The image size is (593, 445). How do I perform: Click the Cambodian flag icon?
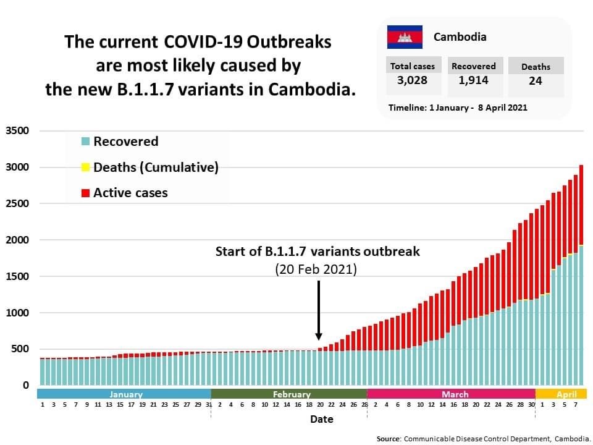click(x=405, y=37)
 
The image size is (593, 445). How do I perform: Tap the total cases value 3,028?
click(x=412, y=80)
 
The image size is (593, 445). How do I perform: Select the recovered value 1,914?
click(x=473, y=80)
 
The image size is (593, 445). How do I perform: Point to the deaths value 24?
click(x=536, y=81)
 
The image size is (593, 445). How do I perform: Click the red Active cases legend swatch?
click(x=86, y=193)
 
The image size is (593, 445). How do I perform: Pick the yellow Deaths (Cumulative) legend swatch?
click(x=86, y=167)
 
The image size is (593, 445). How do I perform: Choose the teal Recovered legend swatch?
click(x=86, y=142)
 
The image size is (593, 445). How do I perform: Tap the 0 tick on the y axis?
click(x=26, y=386)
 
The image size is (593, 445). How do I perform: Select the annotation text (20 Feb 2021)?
click(x=317, y=270)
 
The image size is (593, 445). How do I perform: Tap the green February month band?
click(x=291, y=394)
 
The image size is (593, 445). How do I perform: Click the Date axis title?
click(x=321, y=419)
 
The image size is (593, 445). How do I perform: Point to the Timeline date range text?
click(x=458, y=108)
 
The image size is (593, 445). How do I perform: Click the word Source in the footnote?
click(x=389, y=439)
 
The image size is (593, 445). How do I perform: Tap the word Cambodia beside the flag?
click(x=460, y=37)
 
